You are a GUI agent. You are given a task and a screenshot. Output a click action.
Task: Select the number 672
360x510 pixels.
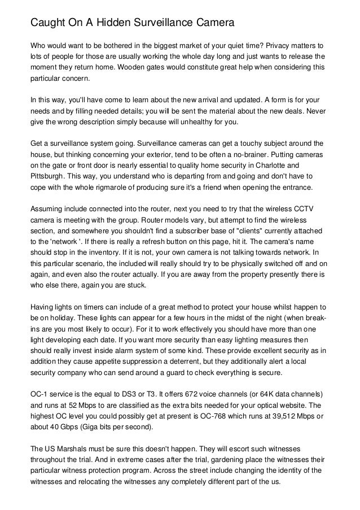click(x=185, y=395)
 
